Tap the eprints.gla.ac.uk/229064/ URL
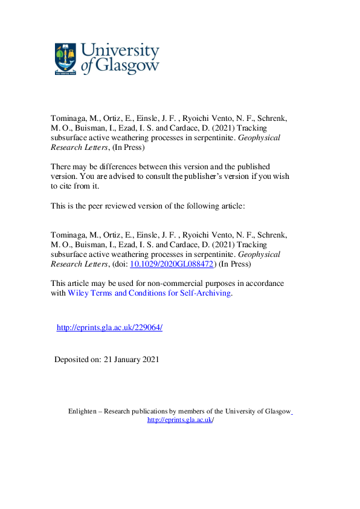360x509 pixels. click(x=109, y=327)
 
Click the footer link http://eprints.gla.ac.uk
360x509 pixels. click(x=179, y=420)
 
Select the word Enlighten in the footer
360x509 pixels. click(x=83, y=411)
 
